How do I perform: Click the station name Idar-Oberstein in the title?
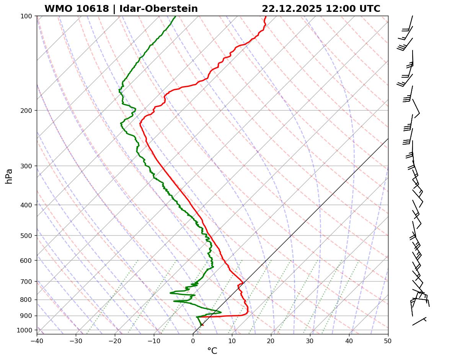coord(158,9)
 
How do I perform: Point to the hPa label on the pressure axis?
coord(9,176)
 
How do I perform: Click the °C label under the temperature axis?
coord(212,351)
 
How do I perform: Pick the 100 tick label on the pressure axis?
coord(26,16)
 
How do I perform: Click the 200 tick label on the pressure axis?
coord(26,111)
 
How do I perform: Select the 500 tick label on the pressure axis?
coord(26,236)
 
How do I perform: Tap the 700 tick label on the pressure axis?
coord(26,282)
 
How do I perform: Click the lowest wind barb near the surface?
coord(419,321)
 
